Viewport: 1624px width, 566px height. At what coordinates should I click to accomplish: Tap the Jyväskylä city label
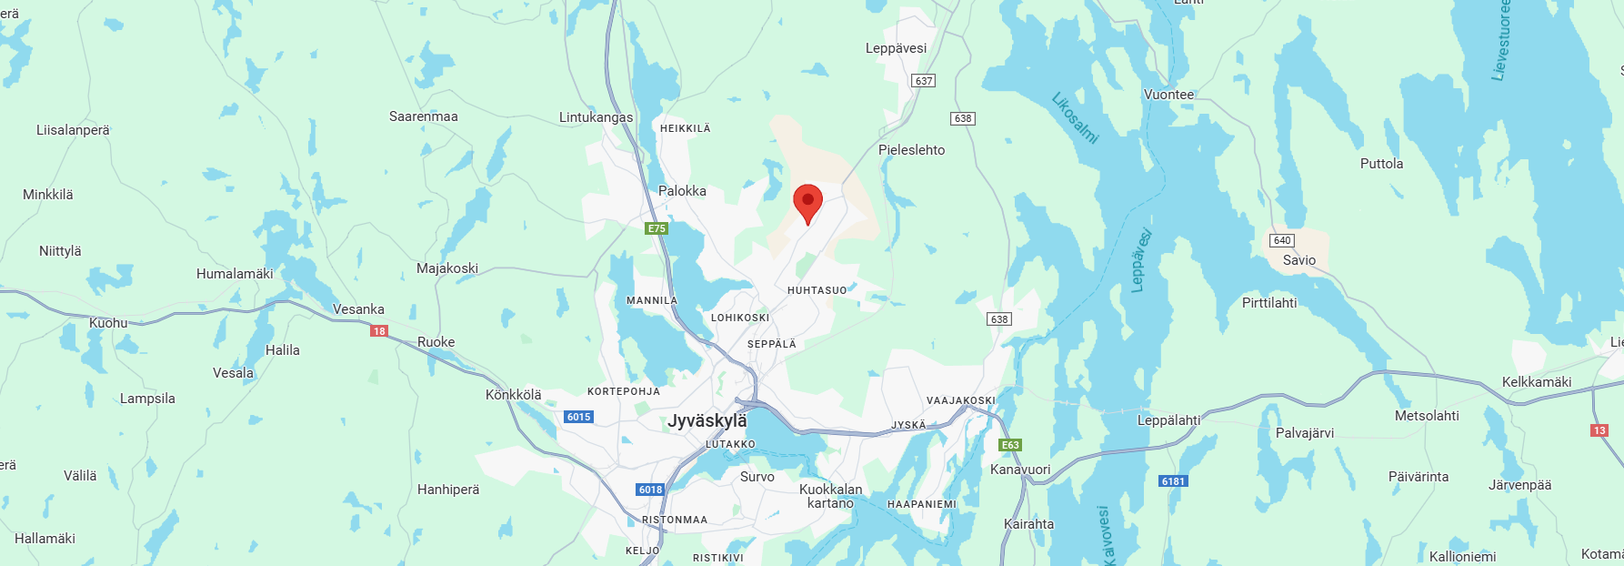tap(707, 421)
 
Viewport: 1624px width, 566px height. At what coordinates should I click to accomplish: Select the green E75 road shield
tap(657, 228)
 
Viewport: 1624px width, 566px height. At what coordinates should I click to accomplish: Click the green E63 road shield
tap(1010, 445)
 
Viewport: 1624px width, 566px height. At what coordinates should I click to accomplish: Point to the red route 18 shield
tap(379, 331)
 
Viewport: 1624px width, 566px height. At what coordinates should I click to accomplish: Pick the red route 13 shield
tap(1599, 430)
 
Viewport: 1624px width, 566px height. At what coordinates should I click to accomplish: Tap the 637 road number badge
tap(924, 81)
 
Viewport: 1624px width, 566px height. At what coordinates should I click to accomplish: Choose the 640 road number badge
tap(1282, 240)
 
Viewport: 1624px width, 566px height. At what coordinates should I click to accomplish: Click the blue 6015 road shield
tap(578, 417)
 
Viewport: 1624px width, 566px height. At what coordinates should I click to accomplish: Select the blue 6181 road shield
tap(1173, 481)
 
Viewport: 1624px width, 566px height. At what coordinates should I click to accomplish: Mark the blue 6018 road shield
tap(650, 490)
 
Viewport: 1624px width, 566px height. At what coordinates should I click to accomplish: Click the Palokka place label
tap(682, 191)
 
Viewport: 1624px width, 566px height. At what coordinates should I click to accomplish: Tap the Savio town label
tap(1298, 260)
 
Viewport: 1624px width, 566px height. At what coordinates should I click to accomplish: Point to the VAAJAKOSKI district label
tap(960, 400)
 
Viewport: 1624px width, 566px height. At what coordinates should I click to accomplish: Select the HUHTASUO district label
tap(817, 290)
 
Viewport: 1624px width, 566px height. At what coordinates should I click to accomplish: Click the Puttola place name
tap(1381, 164)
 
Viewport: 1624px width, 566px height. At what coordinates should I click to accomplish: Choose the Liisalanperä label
tap(73, 130)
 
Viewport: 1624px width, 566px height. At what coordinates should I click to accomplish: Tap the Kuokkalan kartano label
tap(830, 496)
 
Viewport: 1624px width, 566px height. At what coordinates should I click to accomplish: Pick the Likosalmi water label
tap(1075, 118)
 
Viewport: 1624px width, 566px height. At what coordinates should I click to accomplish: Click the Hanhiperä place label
tap(447, 490)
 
